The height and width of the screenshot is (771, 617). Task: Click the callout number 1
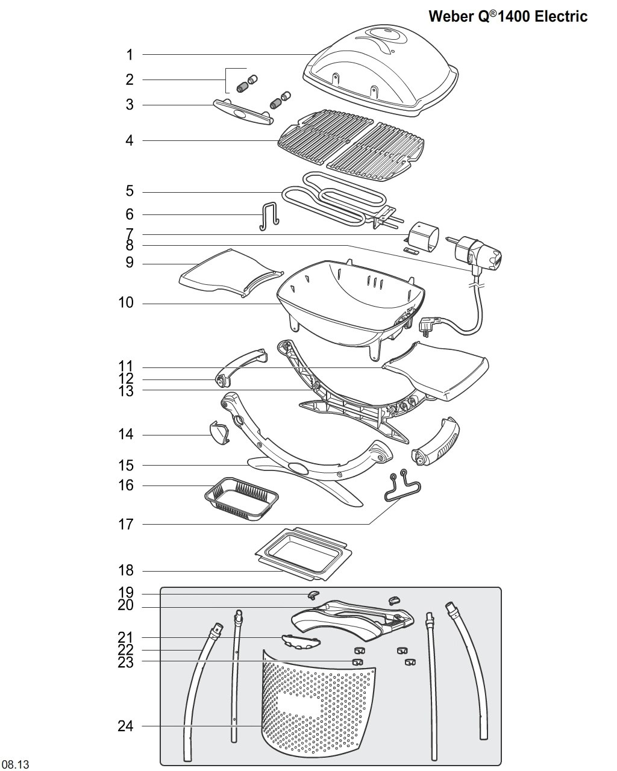coord(130,55)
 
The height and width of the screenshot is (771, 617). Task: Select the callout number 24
coord(125,726)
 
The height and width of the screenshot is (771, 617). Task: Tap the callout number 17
coord(126,525)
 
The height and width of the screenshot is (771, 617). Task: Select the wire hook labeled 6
coord(269,216)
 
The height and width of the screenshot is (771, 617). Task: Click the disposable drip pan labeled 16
coord(241,499)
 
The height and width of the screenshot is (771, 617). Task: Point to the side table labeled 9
coord(231,273)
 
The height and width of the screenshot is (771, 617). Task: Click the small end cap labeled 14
coord(219,433)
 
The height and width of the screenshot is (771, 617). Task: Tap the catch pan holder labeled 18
coord(303,554)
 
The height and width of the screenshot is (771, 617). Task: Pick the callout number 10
coord(126,303)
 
